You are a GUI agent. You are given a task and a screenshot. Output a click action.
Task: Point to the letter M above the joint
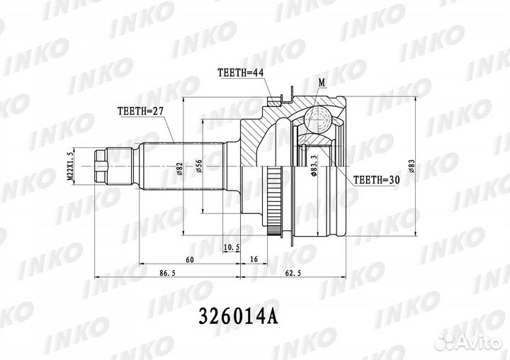[322, 83]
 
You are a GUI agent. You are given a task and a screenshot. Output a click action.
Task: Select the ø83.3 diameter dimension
[312, 167]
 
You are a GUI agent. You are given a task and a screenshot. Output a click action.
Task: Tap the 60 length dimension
[189, 260]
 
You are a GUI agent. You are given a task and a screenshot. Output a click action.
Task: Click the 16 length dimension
[254, 260]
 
